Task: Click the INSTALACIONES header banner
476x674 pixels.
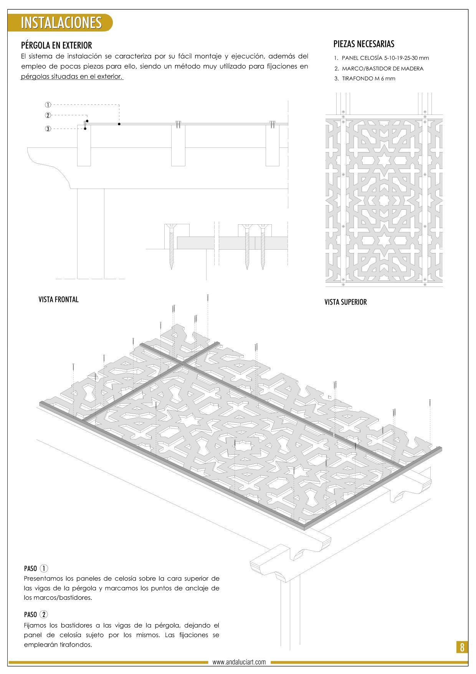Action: (60, 23)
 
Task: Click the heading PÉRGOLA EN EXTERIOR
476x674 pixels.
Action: (56, 45)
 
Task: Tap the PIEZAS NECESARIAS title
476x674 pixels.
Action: (364, 44)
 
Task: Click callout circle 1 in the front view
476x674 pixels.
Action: (48, 104)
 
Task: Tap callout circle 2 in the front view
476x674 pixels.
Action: (48, 115)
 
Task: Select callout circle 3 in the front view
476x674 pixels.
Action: (48, 129)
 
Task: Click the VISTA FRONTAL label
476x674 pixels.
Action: (58, 300)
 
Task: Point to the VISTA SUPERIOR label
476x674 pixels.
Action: (345, 302)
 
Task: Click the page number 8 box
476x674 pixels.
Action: (462, 647)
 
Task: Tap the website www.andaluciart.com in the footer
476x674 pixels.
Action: (239, 662)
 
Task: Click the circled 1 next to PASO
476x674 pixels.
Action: (44, 568)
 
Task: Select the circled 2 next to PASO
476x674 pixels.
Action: (44, 614)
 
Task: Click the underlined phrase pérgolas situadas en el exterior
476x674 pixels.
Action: (71, 76)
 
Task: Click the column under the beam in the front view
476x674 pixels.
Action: (91, 233)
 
